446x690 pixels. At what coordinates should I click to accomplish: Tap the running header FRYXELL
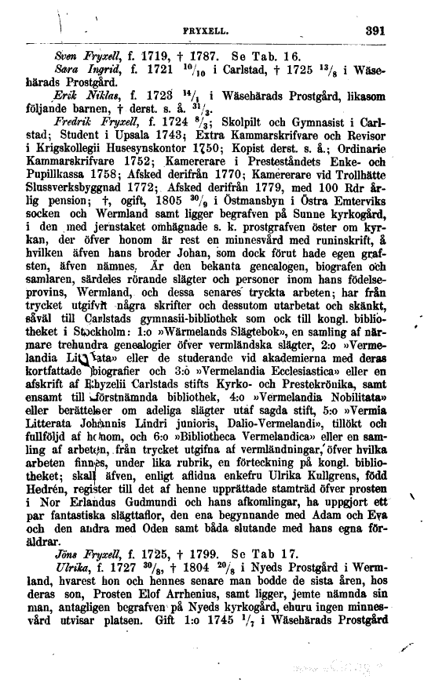pos(215,34)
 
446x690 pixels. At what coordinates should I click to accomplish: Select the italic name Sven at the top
pos(61,57)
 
